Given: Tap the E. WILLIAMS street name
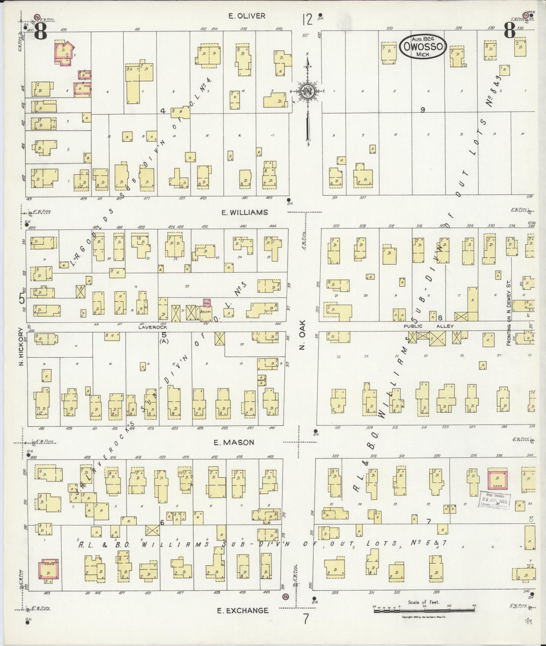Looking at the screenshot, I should click(245, 212).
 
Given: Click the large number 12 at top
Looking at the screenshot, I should click(307, 19).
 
